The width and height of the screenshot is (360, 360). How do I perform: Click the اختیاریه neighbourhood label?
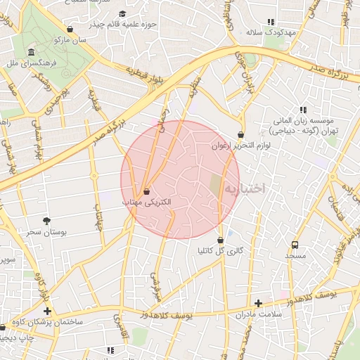(x=247, y=188)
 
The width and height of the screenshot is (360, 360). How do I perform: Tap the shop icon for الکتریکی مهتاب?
(x=146, y=191)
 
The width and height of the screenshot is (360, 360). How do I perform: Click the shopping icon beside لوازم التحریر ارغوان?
(x=241, y=134)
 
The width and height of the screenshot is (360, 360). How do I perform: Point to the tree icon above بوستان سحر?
(x=46, y=220)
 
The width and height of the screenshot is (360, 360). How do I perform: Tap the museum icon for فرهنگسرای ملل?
(x=32, y=53)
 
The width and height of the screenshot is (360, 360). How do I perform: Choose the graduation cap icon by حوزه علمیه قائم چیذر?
(x=122, y=14)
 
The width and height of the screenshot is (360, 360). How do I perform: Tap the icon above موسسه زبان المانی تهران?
(x=303, y=110)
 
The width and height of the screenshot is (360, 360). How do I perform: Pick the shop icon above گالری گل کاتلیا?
(x=220, y=240)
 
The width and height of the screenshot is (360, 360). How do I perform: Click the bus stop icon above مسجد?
(x=295, y=245)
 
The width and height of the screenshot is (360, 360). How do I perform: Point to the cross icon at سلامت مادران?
(x=259, y=304)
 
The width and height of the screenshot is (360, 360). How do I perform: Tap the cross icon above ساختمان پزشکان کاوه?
(x=47, y=310)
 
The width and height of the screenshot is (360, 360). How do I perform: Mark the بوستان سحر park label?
(x=46, y=231)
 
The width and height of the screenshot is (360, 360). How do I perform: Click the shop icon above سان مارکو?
(x=70, y=30)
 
